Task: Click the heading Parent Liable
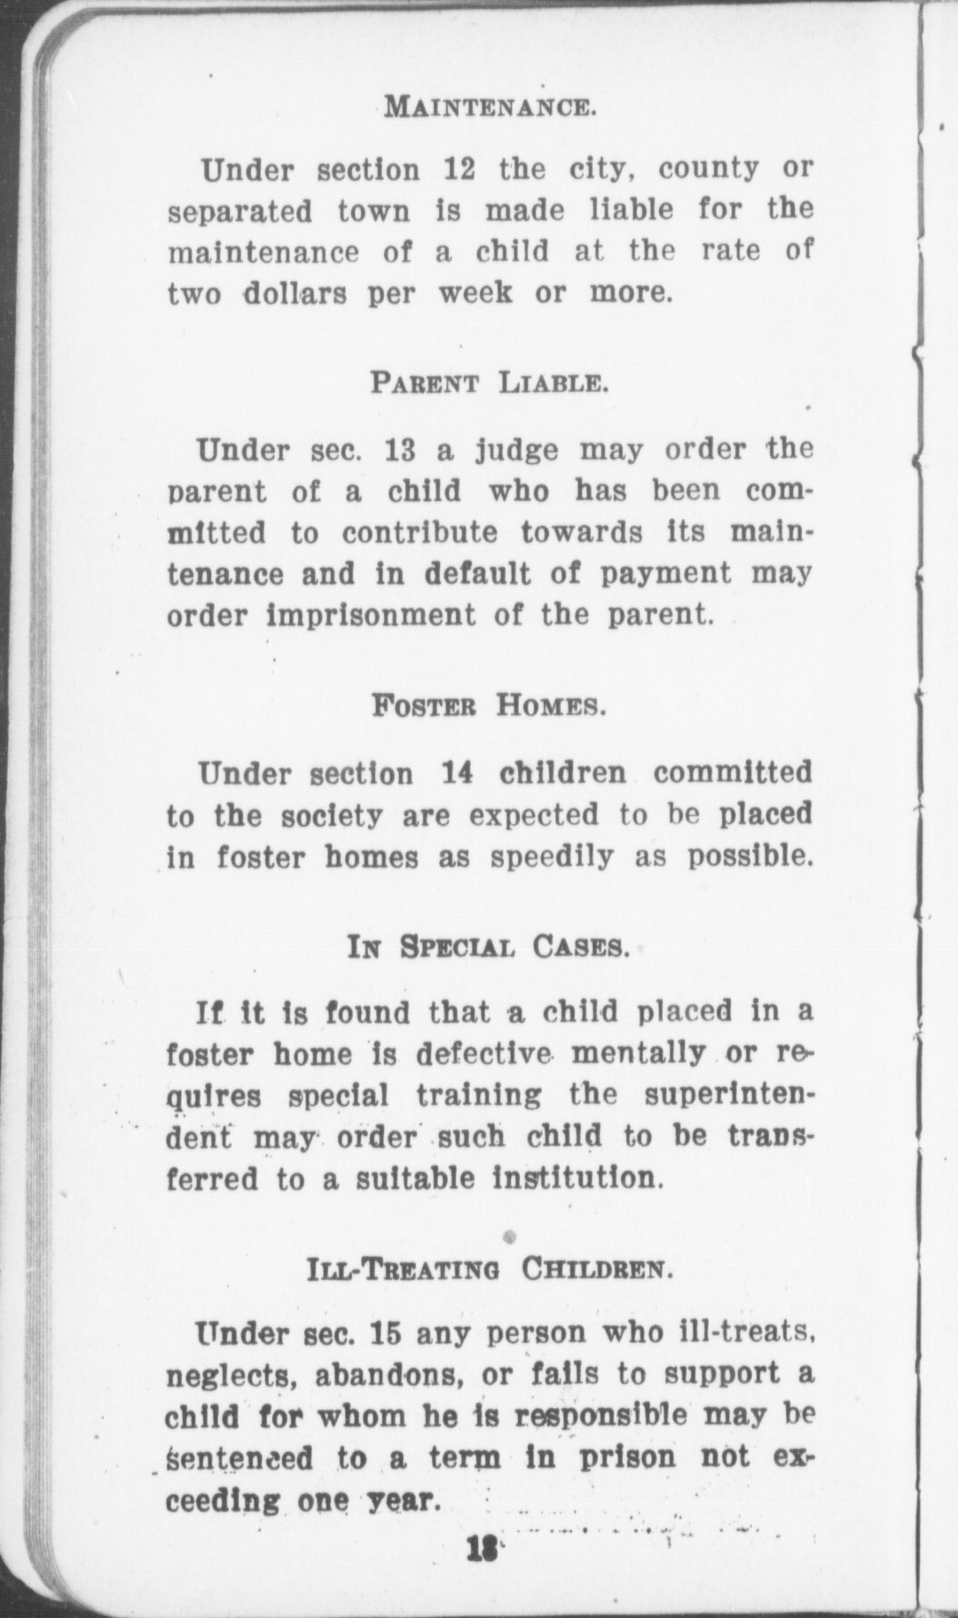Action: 489,384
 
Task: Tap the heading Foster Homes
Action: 488,707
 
